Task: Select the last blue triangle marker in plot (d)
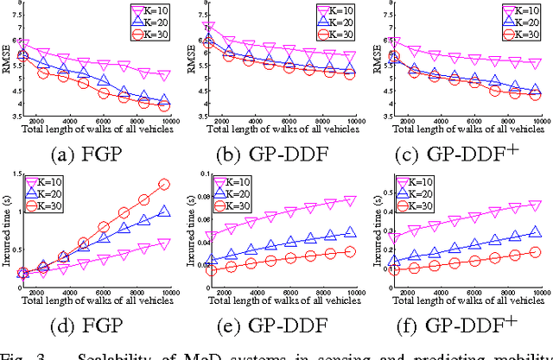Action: pyautogui.click(x=162, y=212)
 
